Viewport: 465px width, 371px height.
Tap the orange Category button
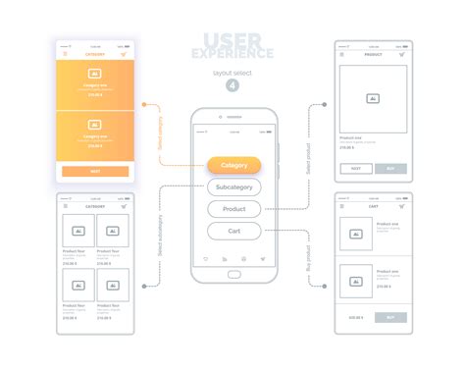click(x=233, y=165)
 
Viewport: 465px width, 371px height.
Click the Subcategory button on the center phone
click(x=233, y=186)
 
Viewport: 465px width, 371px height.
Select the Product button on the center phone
click(x=233, y=209)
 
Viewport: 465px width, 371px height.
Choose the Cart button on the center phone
click(x=233, y=231)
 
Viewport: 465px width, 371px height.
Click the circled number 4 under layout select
click(x=232, y=85)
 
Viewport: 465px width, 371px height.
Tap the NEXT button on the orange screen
click(x=95, y=171)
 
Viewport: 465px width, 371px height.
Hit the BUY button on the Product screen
click(x=390, y=169)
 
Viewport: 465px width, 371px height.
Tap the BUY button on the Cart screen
click(x=390, y=317)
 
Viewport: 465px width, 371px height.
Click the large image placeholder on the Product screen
click(x=373, y=98)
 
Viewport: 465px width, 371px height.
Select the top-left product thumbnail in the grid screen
click(x=78, y=231)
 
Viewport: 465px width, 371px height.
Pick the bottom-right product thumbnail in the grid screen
click(x=113, y=285)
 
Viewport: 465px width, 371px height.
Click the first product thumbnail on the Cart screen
click(x=355, y=234)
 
